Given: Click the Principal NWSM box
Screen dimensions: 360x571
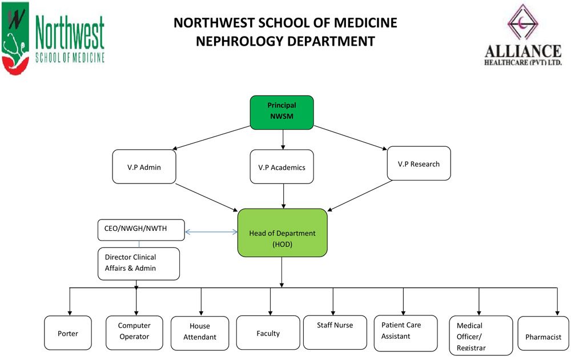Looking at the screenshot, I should click(x=282, y=112).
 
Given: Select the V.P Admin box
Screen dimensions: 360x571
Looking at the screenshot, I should click(x=144, y=166).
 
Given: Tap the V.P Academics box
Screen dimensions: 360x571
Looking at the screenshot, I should click(x=282, y=167).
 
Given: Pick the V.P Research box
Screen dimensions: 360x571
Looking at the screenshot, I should click(x=419, y=164).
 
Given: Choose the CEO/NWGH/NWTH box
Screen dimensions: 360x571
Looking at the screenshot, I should click(x=141, y=230).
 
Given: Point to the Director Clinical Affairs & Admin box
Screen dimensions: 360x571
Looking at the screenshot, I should click(x=139, y=263).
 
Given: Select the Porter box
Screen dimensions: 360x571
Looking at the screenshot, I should click(x=68, y=333).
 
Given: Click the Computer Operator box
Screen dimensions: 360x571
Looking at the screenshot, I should click(x=134, y=331).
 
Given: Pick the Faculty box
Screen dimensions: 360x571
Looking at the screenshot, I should click(x=268, y=333).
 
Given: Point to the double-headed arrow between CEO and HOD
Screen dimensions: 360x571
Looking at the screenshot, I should click(x=211, y=232).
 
